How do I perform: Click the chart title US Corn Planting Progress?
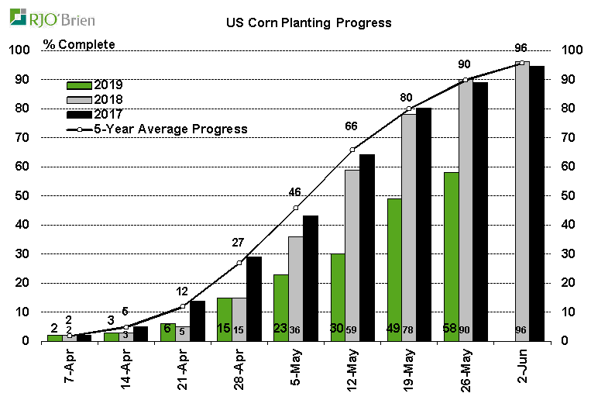point(308,22)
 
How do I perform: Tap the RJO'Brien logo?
point(43,16)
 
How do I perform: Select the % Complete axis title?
point(79,44)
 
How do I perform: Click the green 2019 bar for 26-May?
point(451,256)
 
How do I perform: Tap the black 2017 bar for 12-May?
point(367,247)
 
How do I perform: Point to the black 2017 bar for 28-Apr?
point(253,298)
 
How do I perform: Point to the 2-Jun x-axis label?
point(523,370)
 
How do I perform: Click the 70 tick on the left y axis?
point(23,138)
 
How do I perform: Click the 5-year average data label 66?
point(352,126)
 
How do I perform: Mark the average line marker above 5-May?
point(296,208)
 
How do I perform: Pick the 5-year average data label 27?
point(239,243)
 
